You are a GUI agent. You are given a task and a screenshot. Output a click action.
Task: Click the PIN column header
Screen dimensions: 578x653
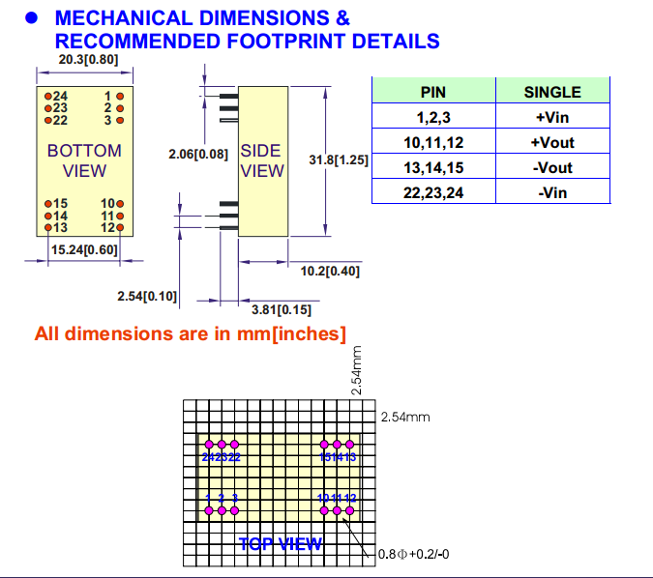coord(433,92)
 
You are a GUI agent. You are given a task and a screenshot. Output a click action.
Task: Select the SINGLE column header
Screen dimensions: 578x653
coord(552,92)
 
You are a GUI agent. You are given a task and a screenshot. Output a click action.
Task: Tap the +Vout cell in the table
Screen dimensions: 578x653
coord(552,142)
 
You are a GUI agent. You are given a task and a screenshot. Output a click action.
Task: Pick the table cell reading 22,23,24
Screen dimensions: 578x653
coord(433,192)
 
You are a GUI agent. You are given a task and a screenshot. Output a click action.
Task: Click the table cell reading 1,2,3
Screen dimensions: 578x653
coord(433,117)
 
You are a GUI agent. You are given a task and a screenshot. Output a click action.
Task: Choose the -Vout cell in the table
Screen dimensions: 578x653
coord(552,167)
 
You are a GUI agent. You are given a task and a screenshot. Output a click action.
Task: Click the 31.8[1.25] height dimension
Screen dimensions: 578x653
coord(339,160)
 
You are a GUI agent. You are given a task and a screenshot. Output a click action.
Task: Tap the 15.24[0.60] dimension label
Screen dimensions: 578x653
coord(84,250)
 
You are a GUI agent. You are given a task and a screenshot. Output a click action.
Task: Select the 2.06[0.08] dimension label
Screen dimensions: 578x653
coord(197,154)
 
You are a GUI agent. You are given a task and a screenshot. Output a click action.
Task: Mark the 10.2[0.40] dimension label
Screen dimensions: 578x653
coord(330,272)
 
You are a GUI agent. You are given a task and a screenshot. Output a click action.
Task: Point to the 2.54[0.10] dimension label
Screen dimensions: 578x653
coord(147,296)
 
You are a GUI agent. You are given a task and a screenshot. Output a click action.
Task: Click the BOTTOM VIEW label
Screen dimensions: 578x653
coord(84,160)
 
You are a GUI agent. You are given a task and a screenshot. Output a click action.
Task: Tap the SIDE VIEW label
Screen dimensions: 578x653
coord(262,160)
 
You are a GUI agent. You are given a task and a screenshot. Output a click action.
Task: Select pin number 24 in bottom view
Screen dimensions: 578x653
coord(59,97)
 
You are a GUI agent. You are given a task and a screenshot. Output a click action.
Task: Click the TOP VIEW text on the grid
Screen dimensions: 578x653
coord(280,545)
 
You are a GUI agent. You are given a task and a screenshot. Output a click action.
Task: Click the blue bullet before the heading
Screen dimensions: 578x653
coord(31,18)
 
